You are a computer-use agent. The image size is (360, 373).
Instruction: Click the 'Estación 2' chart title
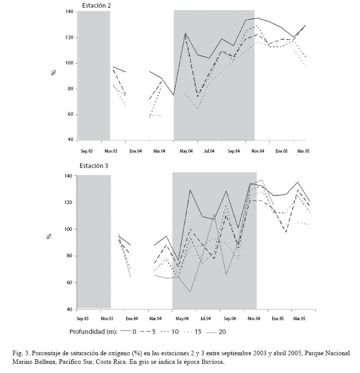[96, 6]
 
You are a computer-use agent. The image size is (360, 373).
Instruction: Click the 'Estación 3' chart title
[94, 166]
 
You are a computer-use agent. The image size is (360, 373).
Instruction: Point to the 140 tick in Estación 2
[69, 11]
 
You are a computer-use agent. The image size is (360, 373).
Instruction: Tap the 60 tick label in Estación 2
[70, 114]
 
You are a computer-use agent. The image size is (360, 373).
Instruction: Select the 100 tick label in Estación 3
[68, 229]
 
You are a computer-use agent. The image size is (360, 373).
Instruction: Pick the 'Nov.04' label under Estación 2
[258, 151]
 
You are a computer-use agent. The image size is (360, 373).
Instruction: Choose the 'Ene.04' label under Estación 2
[135, 151]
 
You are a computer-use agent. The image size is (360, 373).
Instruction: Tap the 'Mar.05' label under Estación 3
[299, 319]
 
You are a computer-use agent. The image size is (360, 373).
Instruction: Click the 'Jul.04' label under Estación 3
[205, 319]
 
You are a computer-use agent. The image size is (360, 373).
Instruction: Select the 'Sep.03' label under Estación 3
[83, 319]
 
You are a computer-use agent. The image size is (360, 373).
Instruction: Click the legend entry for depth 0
[128, 332]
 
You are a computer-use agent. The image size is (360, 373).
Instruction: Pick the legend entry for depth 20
[216, 332]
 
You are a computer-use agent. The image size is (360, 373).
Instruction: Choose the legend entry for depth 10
[169, 332]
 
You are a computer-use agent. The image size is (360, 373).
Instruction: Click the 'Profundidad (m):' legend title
[93, 332]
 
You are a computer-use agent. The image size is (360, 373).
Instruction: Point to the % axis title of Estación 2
[54, 72]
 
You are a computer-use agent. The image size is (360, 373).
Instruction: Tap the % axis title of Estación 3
[49, 236]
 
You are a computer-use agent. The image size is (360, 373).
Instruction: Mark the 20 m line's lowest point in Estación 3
[190, 292]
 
